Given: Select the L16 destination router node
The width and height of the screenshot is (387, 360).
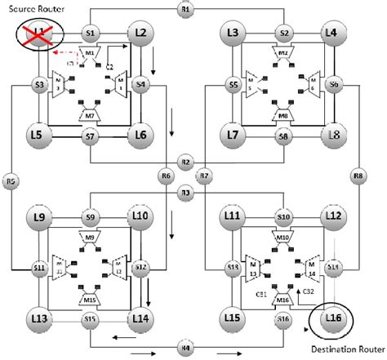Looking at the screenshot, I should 332,317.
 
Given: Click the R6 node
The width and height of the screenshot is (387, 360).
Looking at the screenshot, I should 166,175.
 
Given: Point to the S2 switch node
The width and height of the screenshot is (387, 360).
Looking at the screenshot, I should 283,33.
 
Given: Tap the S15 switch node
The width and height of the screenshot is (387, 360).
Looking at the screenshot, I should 90,318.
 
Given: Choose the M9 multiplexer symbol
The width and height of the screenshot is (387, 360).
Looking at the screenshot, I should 90,238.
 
